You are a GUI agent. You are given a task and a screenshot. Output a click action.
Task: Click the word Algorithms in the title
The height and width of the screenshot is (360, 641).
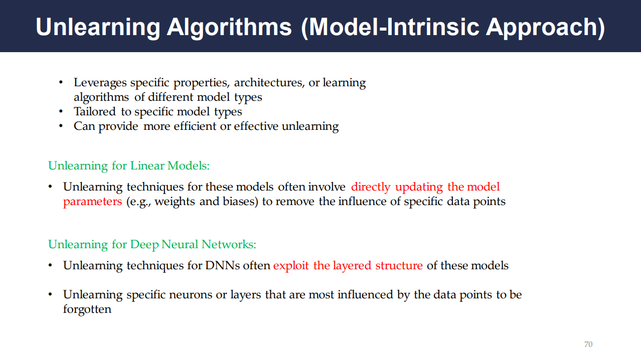(229, 28)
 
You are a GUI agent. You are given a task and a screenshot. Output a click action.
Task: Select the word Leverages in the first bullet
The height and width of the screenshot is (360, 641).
(100, 83)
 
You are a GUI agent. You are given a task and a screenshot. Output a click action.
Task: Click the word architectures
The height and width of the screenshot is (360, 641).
(269, 83)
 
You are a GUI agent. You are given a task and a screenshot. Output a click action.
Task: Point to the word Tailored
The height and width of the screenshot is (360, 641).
(95, 111)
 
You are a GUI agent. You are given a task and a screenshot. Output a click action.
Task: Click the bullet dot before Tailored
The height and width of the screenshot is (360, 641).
(61, 112)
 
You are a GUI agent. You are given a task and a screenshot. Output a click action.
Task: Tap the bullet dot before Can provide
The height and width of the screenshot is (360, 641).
(61, 126)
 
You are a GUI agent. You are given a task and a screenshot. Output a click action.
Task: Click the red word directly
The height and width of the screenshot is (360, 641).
(371, 188)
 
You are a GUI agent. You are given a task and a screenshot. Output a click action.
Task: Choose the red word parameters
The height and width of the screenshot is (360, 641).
(92, 202)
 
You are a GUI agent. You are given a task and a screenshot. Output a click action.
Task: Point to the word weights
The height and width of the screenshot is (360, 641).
(175, 202)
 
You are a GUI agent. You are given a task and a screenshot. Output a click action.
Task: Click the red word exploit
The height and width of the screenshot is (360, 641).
(291, 266)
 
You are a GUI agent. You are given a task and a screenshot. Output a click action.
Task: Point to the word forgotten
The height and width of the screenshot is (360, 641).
(87, 310)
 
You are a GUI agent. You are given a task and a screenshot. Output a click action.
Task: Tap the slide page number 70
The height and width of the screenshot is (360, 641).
(588, 344)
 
